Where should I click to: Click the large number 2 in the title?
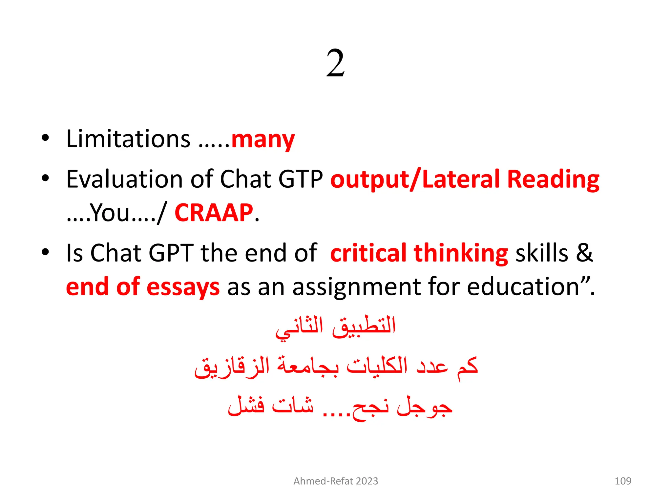point(335,63)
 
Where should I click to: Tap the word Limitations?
point(128,139)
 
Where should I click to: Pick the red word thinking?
point(461,254)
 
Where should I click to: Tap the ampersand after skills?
point(584,253)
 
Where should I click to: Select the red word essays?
point(183,287)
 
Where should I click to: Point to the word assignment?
point(356,287)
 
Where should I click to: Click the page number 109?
point(622,481)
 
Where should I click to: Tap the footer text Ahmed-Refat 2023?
point(336,481)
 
